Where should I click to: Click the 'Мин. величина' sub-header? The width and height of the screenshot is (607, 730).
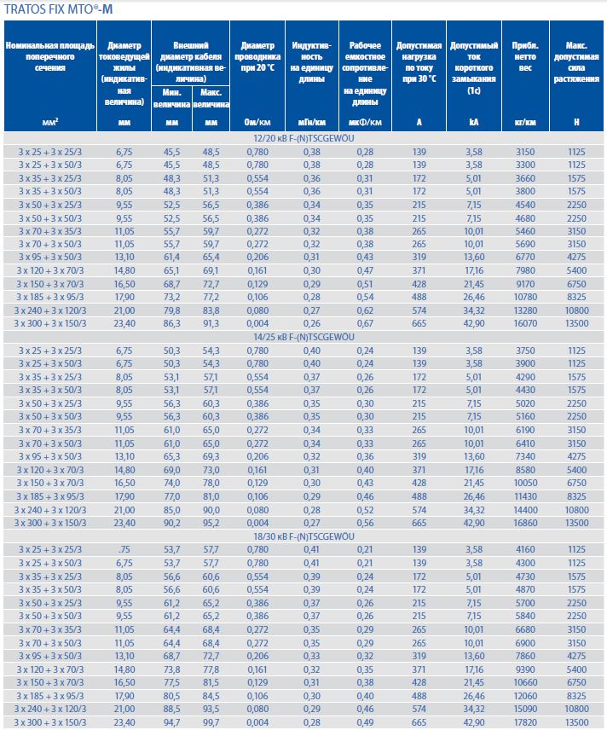[171, 98]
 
